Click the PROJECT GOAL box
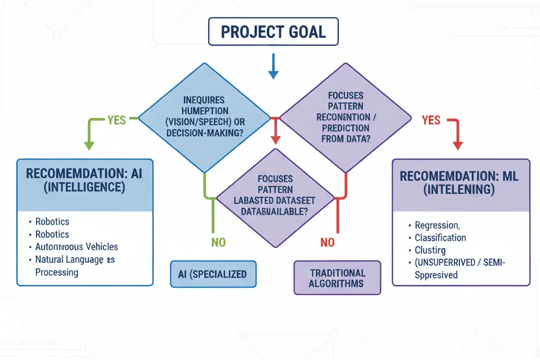tap(273, 32)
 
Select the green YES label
tap(116, 119)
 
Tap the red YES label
tap(431, 120)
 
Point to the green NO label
tap(218, 242)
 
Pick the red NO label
tap(327, 242)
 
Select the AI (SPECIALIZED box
tap(212, 274)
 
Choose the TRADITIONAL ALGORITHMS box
tap(337, 278)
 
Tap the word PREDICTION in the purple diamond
tap(345, 128)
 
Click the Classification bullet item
tap(440, 237)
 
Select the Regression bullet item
tap(437, 225)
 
